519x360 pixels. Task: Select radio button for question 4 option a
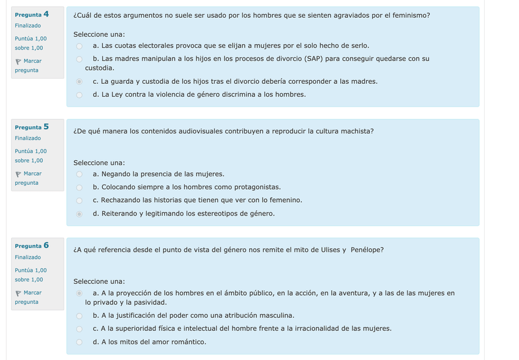(79, 46)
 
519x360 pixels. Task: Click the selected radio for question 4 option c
(79, 81)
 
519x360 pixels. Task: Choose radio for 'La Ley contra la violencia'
(79, 95)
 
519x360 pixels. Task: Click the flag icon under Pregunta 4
(18, 61)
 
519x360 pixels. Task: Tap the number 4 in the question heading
(46, 13)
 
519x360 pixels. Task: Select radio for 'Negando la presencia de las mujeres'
(79, 174)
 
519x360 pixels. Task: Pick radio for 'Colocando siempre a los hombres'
(79, 187)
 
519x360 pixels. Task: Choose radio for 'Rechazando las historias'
(79, 200)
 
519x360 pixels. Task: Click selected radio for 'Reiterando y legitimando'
(79, 214)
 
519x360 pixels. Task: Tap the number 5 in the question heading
(46, 127)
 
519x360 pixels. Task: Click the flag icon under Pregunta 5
(18, 174)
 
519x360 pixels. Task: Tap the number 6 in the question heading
(46, 246)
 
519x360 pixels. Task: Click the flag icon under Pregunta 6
(18, 293)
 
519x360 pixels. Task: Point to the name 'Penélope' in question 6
(367, 250)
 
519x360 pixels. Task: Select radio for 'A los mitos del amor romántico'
(79, 342)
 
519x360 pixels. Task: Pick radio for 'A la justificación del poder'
(79, 316)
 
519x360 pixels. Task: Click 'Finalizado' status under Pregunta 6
(28, 257)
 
